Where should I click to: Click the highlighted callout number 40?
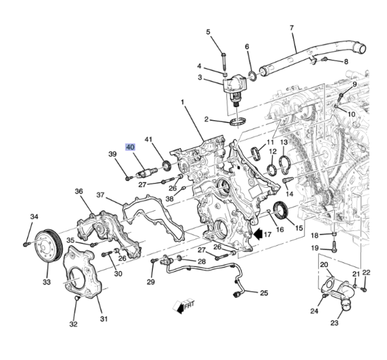(x=131, y=147)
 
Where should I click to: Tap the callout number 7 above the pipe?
(x=291, y=28)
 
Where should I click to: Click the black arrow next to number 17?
(x=258, y=233)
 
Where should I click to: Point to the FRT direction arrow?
(x=183, y=307)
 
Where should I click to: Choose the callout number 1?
(x=181, y=102)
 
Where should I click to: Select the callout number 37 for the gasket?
(x=101, y=194)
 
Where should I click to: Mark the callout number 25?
(x=264, y=294)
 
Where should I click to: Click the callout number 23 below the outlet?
(x=334, y=323)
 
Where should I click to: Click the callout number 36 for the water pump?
(x=79, y=191)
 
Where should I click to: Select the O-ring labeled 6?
(x=252, y=75)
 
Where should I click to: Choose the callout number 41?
(x=149, y=140)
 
